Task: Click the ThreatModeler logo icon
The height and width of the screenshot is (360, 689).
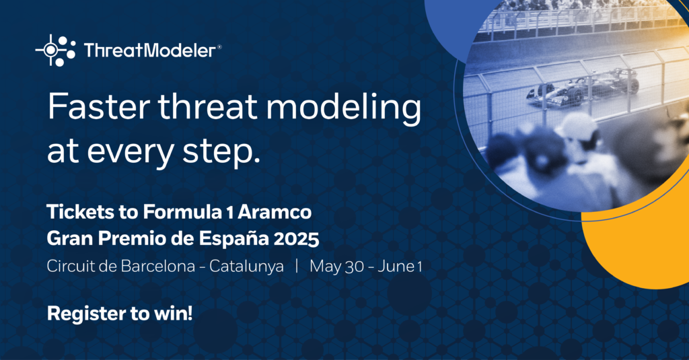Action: [55, 50]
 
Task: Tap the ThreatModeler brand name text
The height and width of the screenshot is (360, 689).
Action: [150, 50]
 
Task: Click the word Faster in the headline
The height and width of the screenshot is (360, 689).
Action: [98, 107]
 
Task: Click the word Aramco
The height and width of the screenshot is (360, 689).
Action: [275, 212]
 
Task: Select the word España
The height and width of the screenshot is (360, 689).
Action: [233, 239]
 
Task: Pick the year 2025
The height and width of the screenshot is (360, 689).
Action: [296, 239]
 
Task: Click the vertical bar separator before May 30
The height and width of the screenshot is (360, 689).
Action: [297, 266]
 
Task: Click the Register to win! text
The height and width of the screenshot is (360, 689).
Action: [120, 314]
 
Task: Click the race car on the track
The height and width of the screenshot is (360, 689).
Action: [583, 86]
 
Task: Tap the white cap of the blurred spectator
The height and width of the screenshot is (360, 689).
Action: [576, 126]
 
